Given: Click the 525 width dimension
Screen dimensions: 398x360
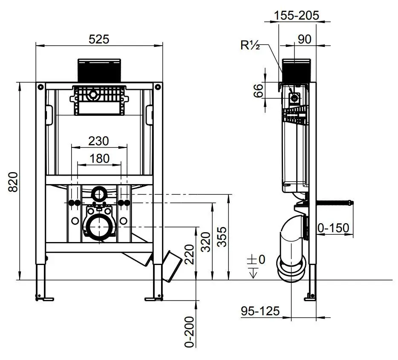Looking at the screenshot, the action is (99, 39).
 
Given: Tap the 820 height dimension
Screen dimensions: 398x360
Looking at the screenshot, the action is (13, 182).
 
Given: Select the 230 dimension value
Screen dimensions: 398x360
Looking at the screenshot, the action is (98, 141).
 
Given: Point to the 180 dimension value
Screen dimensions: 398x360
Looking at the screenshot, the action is (100, 158).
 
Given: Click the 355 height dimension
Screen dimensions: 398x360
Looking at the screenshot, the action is (222, 237).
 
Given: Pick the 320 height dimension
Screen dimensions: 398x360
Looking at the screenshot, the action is (205, 242).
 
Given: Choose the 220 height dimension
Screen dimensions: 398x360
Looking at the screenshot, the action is (189, 254).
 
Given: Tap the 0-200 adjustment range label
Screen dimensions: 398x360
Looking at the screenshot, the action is (189, 332).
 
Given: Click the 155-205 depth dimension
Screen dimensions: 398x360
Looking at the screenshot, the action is (296, 15).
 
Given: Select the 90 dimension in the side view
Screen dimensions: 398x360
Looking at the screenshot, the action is (304, 39).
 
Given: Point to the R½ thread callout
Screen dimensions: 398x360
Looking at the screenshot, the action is (250, 46).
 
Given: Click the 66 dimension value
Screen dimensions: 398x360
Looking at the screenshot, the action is (258, 91).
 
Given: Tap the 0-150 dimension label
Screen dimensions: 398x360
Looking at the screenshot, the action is (333, 228).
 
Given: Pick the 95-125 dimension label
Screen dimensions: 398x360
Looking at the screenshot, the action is (260, 311).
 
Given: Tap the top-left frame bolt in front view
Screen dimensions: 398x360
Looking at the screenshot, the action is (40, 87).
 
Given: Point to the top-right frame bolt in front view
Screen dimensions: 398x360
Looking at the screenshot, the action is (158, 87).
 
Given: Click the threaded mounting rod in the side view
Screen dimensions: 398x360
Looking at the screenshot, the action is (335, 203).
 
